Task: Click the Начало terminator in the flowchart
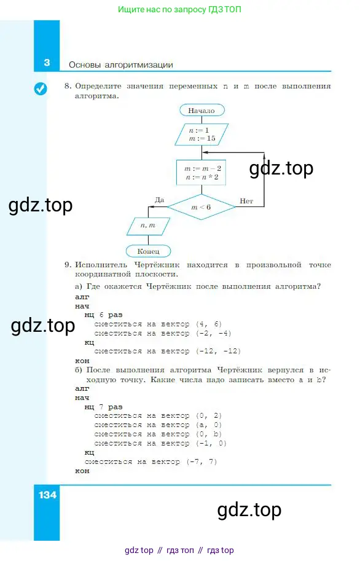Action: coord(202,110)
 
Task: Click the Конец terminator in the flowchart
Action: coord(148,251)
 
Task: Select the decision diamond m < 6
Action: coord(202,207)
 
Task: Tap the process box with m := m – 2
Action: coord(202,173)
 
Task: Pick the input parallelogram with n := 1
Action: coord(202,135)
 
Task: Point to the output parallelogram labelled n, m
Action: coord(148,226)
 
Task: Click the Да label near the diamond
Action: coord(159,200)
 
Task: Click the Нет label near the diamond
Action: coord(246,201)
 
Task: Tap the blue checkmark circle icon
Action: coord(41,88)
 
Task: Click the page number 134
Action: coord(47,495)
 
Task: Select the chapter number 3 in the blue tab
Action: coord(47,63)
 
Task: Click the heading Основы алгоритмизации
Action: coord(121,65)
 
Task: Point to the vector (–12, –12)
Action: coord(218,351)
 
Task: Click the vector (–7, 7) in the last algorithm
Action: coord(202,461)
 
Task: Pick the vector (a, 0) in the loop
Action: coord(209,425)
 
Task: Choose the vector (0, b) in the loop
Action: coord(209,434)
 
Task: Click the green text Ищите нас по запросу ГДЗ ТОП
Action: coord(179,9)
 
